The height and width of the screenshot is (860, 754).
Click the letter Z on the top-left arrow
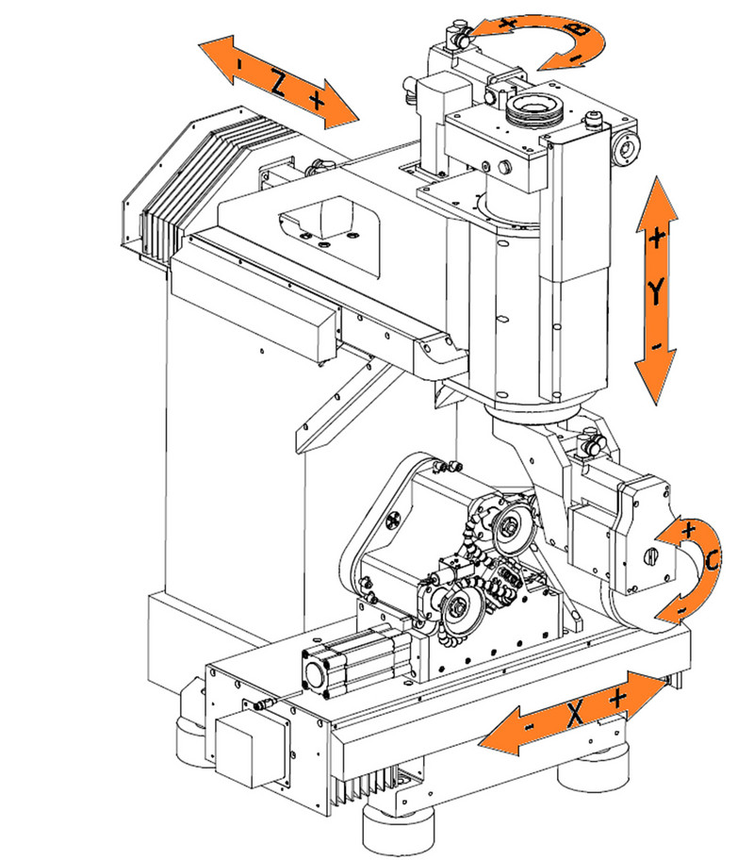[x=278, y=84]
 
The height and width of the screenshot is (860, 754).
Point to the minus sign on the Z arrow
[x=241, y=63]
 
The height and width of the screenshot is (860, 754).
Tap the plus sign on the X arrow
[x=617, y=700]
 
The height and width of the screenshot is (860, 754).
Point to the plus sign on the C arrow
[x=688, y=530]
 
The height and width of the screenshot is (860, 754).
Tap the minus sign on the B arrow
[x=575, y=58]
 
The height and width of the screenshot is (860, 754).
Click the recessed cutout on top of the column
[x=325, y=220]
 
